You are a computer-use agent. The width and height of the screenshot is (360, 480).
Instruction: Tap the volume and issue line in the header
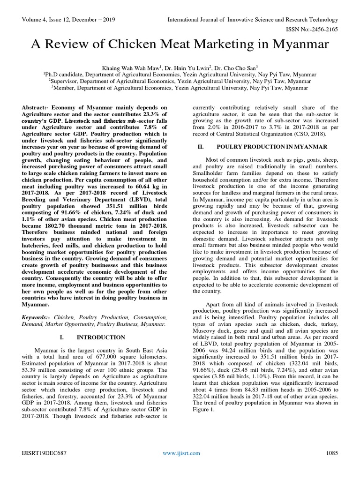(x=69, y=20)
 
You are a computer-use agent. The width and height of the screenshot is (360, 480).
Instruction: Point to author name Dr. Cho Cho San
(x=239, y=68)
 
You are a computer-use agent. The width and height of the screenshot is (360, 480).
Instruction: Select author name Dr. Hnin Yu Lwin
(x=189, y=68)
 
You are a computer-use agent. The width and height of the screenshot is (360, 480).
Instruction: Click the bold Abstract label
(x=36, y=107)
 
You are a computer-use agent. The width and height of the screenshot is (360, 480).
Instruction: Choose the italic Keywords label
(x=37, y=317)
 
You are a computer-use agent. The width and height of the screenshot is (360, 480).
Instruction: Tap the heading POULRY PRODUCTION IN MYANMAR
(x=271, y=147)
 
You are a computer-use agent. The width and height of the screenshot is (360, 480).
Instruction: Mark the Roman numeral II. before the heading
(x=201, y=147)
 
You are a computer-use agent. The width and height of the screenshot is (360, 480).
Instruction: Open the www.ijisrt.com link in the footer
(x=181, y=453)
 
